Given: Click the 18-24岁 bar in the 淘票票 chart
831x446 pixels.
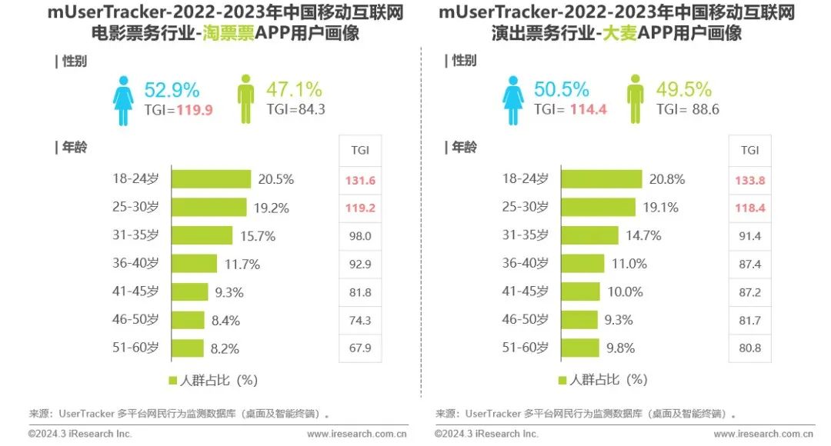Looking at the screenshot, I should tap(210, 179).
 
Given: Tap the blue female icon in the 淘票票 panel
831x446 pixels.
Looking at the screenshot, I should tap(123, 99).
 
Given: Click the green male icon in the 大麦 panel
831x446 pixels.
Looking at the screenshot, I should tap(635, 99).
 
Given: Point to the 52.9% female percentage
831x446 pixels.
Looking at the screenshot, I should tap(172, 89).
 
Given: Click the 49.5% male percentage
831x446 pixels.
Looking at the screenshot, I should tap(683, 89).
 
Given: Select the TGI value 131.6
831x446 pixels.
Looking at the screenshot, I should tap(360, 180).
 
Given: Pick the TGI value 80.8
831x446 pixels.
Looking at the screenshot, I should tap(749, 348).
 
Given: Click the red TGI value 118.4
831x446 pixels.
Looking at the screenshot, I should tap(749, 208).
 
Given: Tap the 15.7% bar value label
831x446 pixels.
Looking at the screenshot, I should tap(257, 236).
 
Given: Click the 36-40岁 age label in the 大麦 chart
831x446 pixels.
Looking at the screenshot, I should tap(526, 263).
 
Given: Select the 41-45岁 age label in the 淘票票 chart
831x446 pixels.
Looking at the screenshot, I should tap(135, 291).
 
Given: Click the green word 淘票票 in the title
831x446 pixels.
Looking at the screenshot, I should tap(228, 35).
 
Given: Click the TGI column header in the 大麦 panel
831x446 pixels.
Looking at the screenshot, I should tap(749, 150).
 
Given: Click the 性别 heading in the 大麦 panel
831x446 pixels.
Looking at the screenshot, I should tap(464, 61).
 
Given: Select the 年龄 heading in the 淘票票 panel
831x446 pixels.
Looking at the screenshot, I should tap(74, 148).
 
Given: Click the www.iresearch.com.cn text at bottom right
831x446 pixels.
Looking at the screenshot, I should tap(764, 434).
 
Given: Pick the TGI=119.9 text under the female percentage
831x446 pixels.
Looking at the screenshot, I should tap(178, 110).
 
